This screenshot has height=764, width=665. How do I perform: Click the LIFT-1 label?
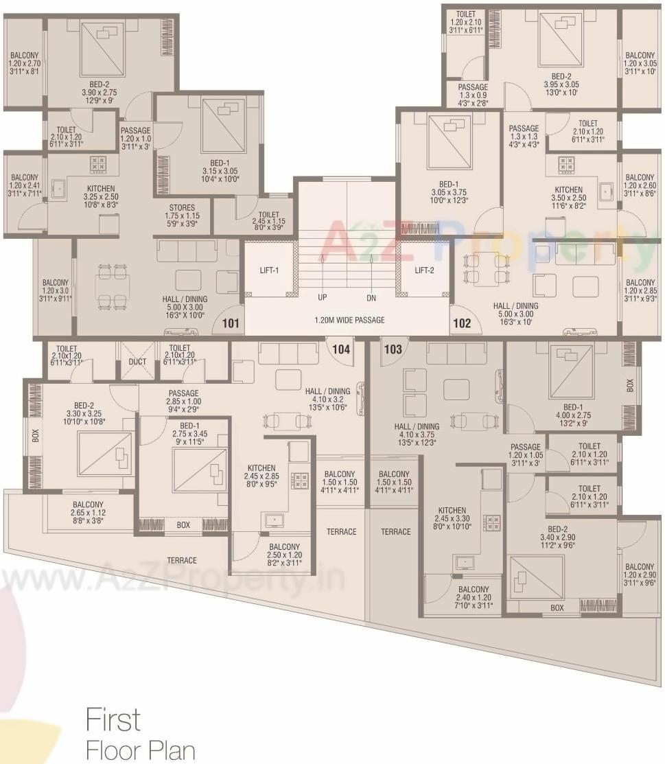click(x=268, y=270)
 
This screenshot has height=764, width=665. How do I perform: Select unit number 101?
click(x=231, y=323)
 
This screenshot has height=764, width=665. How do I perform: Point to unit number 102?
click(x=462, y=323)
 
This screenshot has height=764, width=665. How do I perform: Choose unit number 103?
click(x=393, y=349)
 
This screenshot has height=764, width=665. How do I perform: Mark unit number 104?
click(x=341, y=349)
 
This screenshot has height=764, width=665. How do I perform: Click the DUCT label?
click(x=137, y=362)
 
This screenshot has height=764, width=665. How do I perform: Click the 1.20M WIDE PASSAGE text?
click(x=349, y=320)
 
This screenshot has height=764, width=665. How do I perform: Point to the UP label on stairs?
click(x=322, y=298)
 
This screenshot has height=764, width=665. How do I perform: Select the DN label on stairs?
click(x=371, y=298)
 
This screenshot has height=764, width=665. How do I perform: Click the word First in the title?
click(x=113, y=719)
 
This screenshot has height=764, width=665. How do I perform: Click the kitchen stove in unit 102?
click(x=566, y=164)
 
